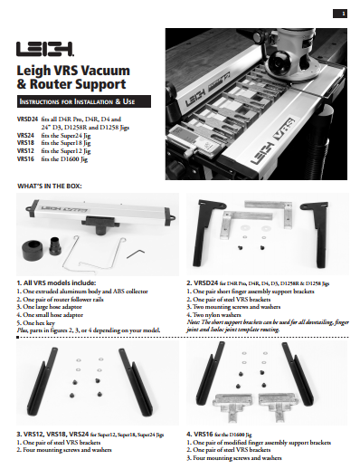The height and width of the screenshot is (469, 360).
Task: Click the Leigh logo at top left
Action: (45, 47)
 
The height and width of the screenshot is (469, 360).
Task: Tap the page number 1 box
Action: (344, 13)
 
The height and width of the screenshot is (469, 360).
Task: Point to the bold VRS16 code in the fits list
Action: (26, 158)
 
